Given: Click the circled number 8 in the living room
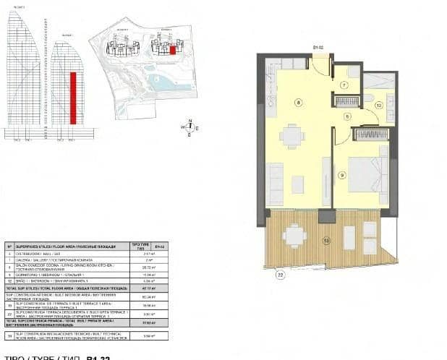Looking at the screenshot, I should point(298,103).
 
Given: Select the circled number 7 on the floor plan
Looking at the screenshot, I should point(344,85).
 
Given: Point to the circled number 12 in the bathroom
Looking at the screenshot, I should point(378,106).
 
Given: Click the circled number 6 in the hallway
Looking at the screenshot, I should point(347,116).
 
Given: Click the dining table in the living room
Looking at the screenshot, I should point(292,135).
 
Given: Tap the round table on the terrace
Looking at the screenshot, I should point(294,235).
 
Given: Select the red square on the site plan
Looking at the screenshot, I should point(173,51).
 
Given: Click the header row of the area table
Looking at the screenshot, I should point(86,246).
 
